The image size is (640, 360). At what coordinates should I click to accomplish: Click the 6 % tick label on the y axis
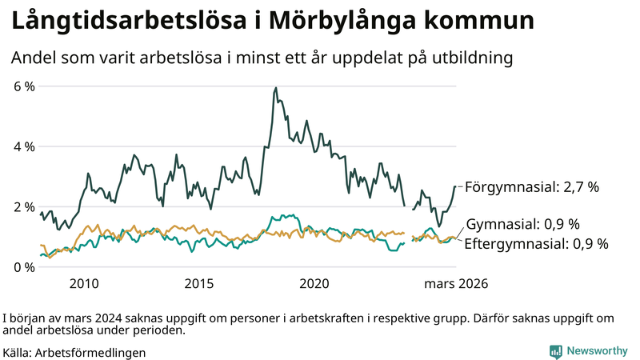click(24, 86)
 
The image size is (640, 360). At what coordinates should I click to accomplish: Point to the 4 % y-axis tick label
click(24, 146)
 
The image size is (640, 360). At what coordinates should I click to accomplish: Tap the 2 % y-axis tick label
click(24, 206)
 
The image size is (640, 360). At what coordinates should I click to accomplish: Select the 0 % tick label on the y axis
click(24, 267)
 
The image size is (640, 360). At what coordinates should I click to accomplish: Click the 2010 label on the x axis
click(84, 283)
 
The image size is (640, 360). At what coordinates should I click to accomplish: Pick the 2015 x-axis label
click(199, 283)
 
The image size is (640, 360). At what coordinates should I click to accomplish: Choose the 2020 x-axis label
click(314, 283)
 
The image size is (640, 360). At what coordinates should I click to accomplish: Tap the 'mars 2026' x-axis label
click(456, 283)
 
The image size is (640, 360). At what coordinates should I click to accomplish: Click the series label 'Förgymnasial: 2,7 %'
click(531, 187)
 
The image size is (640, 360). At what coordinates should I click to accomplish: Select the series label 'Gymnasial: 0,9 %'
click(522, 224)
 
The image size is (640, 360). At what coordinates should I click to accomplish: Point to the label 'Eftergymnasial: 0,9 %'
click(536, 243)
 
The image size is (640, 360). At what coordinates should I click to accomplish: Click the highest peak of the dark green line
click(276, 88)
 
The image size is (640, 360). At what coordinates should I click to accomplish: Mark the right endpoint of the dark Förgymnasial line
click(455, 186)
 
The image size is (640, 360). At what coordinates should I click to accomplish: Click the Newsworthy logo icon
click(555, 351)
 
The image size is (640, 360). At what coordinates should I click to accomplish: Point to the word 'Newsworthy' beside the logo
click(597, 351)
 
